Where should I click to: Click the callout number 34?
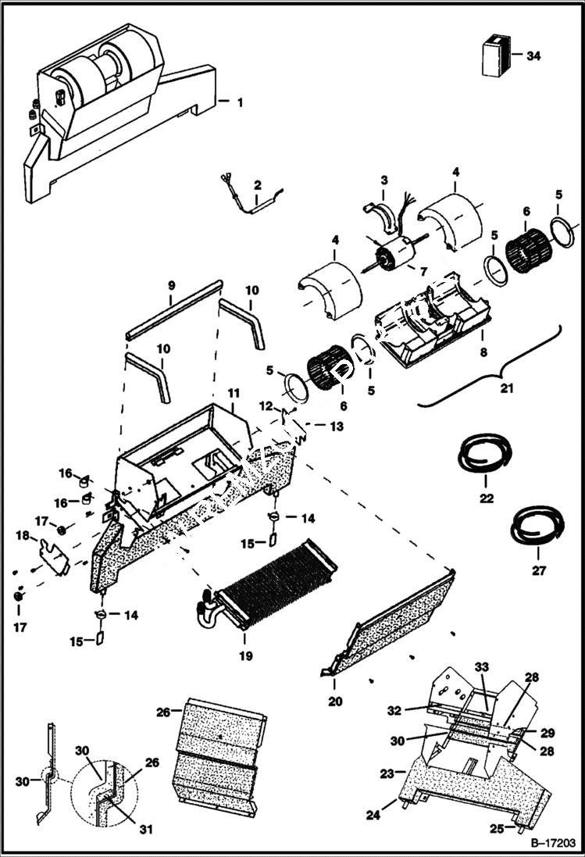(533, 55)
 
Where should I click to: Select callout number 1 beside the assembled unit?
(240, 101)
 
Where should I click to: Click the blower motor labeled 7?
(395, 257)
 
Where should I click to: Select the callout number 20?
(335, 702)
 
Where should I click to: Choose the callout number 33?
(483, 666)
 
